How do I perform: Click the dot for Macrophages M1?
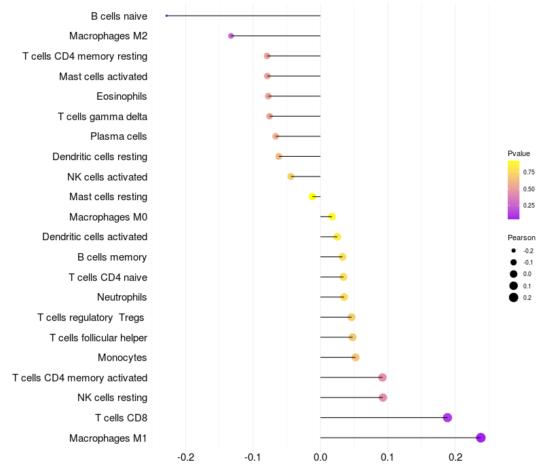(x=481, y=438)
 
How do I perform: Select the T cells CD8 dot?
(x=447, y=417)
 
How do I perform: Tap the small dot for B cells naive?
(x=167, y=16)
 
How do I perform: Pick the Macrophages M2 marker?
(x=231, y=35)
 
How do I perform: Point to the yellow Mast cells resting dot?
(x=313, y=197)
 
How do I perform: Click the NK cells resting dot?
(x=383, y=398)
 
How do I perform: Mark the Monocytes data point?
(x=356, y=358)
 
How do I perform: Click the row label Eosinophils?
(x=121, y=96)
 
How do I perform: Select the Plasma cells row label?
(x=119, y=136)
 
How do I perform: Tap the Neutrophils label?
(x=122, y=297)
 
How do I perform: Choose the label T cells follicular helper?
(x=98, y=337)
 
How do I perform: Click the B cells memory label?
(x=112, y=257)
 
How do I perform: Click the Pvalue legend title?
(x=519, y=153)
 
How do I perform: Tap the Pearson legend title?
(x=521, y=237)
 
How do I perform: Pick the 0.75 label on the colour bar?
(x=529, y=172)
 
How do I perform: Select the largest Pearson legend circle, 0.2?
(x=514, y=297)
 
